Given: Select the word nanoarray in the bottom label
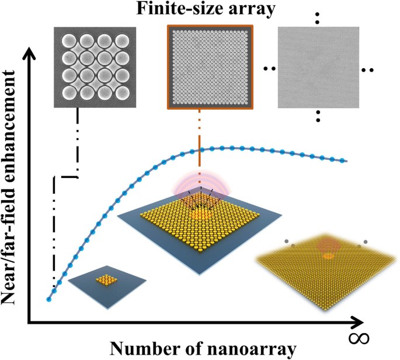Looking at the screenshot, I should point(245,348).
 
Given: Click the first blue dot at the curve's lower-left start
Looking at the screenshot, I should point(48,300).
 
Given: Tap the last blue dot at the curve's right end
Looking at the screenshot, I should point(347,161).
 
